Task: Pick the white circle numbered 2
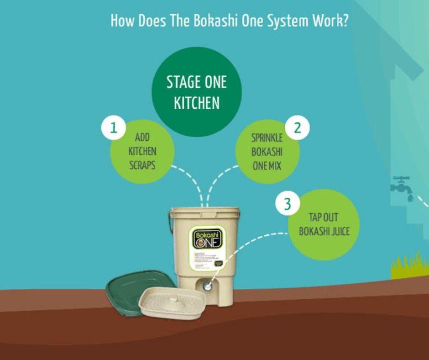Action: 297,128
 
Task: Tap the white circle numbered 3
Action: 287,204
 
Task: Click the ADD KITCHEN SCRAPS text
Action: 142,151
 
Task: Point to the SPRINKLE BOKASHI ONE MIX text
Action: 267,152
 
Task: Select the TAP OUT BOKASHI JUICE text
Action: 324,224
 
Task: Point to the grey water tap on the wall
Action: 401,185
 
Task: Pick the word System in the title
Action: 286,21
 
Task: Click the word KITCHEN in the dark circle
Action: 197,103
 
